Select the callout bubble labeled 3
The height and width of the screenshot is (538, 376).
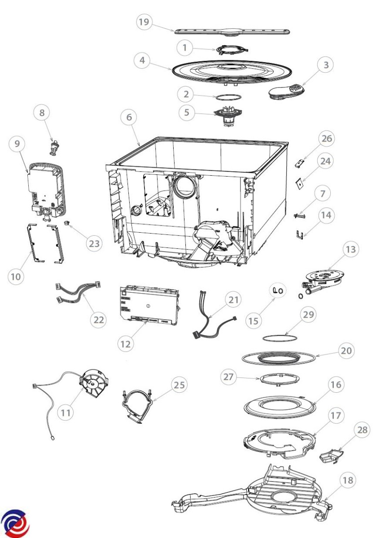(x=326, y=65)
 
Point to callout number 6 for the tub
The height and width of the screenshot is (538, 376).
(x=129, y=118)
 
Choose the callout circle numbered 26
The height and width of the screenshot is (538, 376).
(x=326, y=139)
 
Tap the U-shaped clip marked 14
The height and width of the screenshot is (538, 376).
(x=300, y=234)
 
